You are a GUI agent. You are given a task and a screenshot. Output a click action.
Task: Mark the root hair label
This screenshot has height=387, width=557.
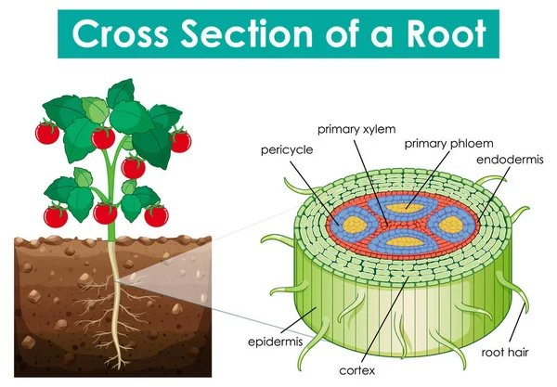pyautogui.click(x=506, y=353)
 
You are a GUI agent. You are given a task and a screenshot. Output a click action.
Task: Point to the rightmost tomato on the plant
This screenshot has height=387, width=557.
pyautogui.click(x=180, y=141)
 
